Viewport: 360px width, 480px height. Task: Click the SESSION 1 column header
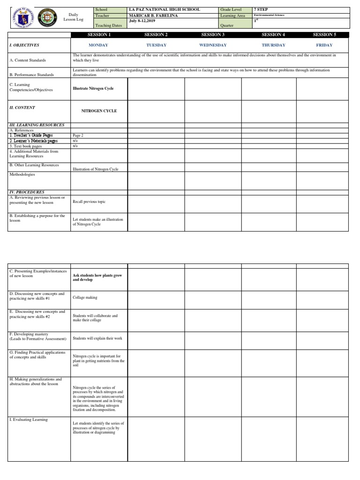[99, 35]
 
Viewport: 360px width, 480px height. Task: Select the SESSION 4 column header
[273, 35]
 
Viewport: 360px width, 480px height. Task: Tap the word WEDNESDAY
[213, 45]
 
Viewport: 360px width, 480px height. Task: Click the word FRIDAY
[324, 45]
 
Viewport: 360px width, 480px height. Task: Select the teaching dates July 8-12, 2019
[142, 21]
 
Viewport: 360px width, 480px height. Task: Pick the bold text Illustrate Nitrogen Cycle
[93, 88]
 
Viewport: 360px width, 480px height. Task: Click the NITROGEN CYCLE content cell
[99, 111]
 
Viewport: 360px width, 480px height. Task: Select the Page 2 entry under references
[78, 135]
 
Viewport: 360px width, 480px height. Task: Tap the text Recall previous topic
[89, 202]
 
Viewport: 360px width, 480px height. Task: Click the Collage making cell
[85, 297]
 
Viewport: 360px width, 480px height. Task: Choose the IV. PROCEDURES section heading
[27, 192]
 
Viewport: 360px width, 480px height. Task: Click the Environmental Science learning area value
[269, 15]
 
